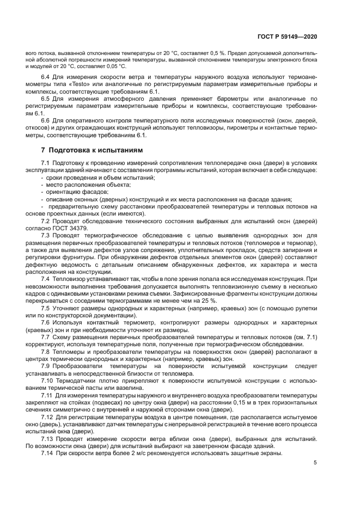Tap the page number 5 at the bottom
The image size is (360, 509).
315,462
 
